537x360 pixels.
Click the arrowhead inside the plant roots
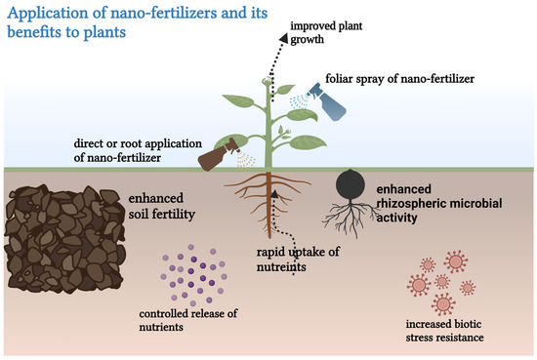pyautogui.click(x=277, y=194)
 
